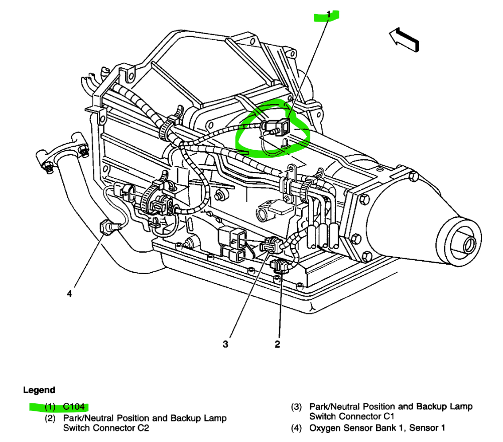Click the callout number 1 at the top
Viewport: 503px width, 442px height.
tap(329, 15)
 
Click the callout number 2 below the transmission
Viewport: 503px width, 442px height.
tap(277, 344)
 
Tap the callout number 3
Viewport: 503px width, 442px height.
tap(226, 344)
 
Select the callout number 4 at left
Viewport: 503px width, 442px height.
tap(70, 294)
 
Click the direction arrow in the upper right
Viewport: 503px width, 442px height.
tap(405, 39)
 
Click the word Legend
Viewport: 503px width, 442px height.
tap(39, 390)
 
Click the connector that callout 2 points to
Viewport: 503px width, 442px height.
tap(279, 266)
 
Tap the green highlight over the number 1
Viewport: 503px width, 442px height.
tap(326, 16)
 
